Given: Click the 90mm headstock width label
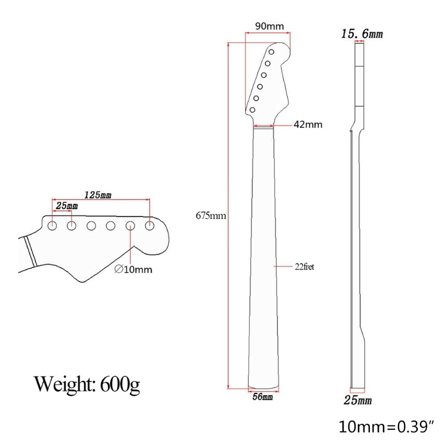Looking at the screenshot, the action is coord(270,26).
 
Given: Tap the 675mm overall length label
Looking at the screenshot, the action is coord(211,216).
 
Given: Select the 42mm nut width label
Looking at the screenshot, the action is coord(308,125).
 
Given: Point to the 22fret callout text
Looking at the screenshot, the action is coord(304,266).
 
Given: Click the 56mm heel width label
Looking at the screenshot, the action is coord(262,396).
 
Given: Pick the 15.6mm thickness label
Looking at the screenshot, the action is coord(362,34).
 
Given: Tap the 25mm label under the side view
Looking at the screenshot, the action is coord(358,400).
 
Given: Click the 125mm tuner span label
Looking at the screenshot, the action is coord(98,195).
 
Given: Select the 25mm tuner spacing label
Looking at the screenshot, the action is coord(67,206).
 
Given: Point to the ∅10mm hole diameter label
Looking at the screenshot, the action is coord(133,270).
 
